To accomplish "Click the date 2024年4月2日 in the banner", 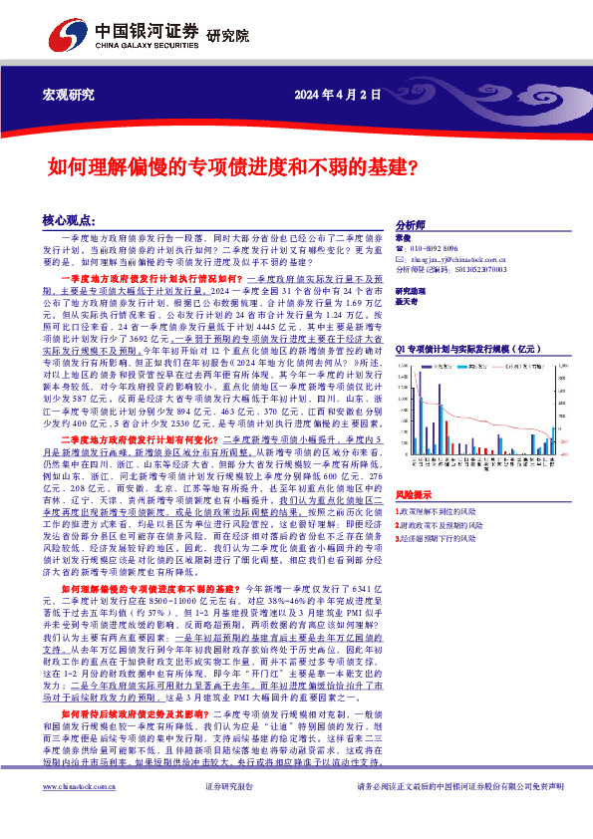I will click(338, 95).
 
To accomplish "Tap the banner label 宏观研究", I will click(68, 95).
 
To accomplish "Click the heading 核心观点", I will click(69, 219).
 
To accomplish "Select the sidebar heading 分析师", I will click(411, 226).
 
